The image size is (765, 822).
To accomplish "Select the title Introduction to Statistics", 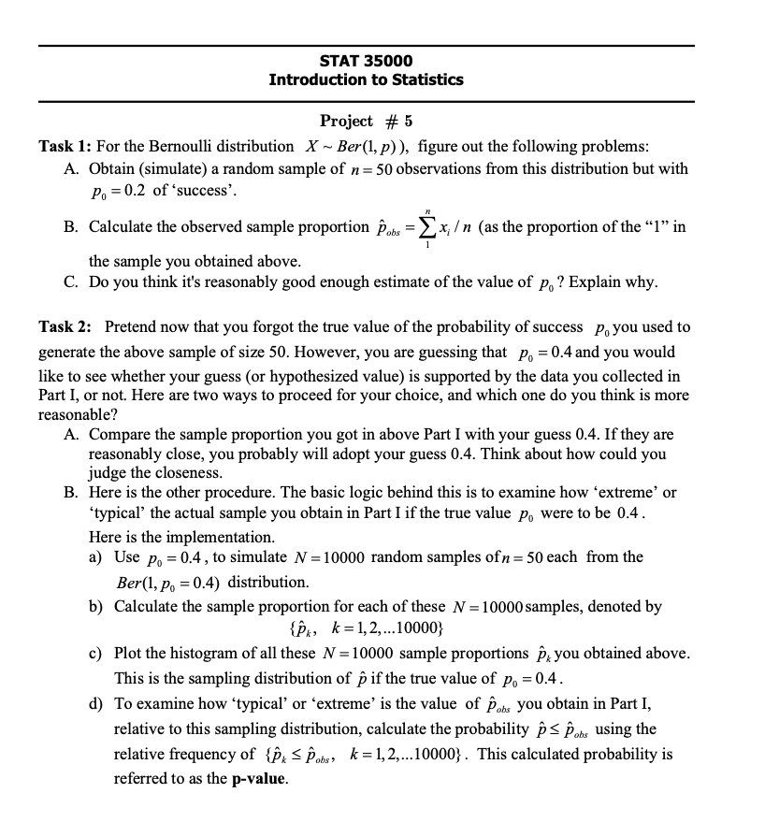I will pos(366,79).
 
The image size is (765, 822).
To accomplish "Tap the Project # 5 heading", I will pos(366,121).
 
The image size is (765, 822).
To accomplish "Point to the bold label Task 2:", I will pos(65,327).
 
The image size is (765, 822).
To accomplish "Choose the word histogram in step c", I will pos(209,653).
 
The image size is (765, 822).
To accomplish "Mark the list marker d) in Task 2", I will pos(96,703).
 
